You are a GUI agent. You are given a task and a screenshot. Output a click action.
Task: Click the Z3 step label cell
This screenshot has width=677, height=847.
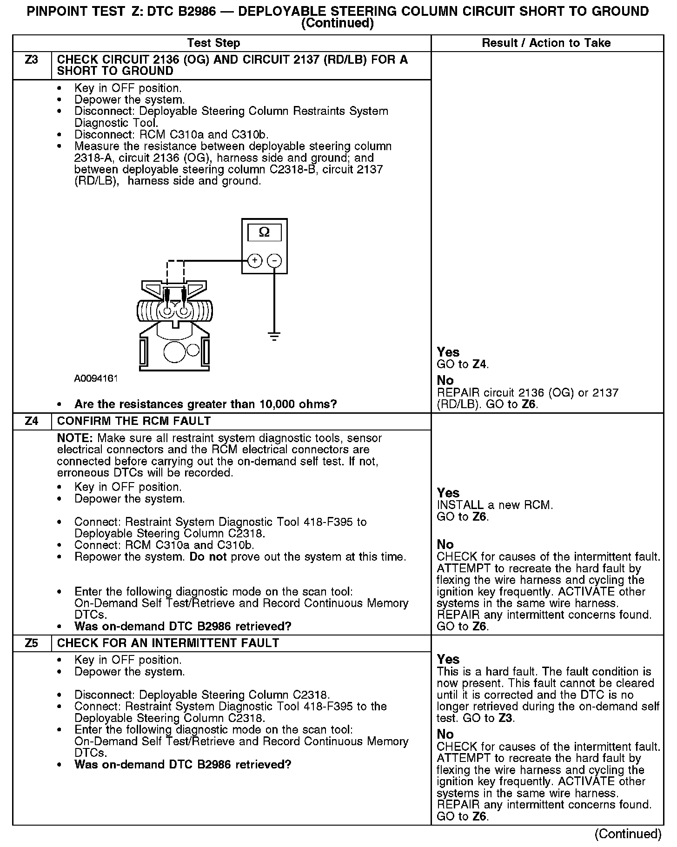point(31,60)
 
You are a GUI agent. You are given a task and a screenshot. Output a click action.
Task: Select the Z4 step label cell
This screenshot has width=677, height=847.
point(31,421)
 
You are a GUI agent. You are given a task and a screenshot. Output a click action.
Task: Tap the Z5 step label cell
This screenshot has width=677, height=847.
point(31,643)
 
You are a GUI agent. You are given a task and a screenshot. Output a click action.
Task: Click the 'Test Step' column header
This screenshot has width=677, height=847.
point(213,43)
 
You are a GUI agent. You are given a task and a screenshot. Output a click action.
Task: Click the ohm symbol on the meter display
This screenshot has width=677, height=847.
point(264,232)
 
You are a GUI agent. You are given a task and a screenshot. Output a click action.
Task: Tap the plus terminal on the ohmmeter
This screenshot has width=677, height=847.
point(254,261)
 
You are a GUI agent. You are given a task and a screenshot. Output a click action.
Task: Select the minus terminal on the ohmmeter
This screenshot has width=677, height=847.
point(274,261)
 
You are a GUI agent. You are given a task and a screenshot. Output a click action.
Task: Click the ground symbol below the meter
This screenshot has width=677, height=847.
point(274,336)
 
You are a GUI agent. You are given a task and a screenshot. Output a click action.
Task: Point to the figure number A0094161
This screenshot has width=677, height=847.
point(96,378)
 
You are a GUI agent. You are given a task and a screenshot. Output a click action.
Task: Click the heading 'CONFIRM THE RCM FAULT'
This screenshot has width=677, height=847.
point(134,421)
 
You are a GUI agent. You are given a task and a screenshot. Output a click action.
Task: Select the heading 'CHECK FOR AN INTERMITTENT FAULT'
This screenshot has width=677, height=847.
point(168,643)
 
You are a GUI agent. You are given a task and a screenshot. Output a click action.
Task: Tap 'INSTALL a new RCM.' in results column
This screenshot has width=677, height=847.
point(495,505)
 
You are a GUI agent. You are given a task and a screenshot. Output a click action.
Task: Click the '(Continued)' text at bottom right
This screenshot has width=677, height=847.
point(628,834)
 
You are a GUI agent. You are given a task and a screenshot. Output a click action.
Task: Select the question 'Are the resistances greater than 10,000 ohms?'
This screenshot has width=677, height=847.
point(206,404)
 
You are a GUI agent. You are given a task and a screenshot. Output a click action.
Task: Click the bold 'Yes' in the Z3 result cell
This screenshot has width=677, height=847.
point(448,352)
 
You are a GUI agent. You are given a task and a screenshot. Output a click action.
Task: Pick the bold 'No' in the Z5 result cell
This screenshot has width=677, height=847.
point(445,735)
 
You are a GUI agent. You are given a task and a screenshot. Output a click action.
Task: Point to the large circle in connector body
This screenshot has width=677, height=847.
point(175,352)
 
